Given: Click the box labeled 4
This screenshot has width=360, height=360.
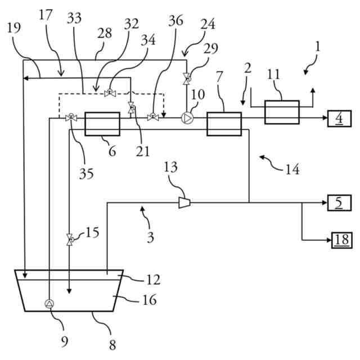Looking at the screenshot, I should [x=339, y=119].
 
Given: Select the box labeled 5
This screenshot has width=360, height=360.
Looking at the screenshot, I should [x=339, y=202].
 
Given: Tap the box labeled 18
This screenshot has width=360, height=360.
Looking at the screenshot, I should [x=340, y=240].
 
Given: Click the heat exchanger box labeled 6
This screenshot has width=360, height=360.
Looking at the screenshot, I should [x=102, y=124].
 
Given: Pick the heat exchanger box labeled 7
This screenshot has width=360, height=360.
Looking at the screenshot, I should [x=224, y=124].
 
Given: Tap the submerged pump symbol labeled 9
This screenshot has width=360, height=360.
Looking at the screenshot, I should [x=49, y=304].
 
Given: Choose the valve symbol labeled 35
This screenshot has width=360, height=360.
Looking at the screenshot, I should [x=71, y=118].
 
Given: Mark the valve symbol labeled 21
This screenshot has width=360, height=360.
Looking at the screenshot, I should [x=131, y=107].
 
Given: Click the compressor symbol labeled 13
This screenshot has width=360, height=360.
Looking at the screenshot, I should [x=183, y=202].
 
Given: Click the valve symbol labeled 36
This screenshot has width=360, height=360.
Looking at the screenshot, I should [x=152, y=118].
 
